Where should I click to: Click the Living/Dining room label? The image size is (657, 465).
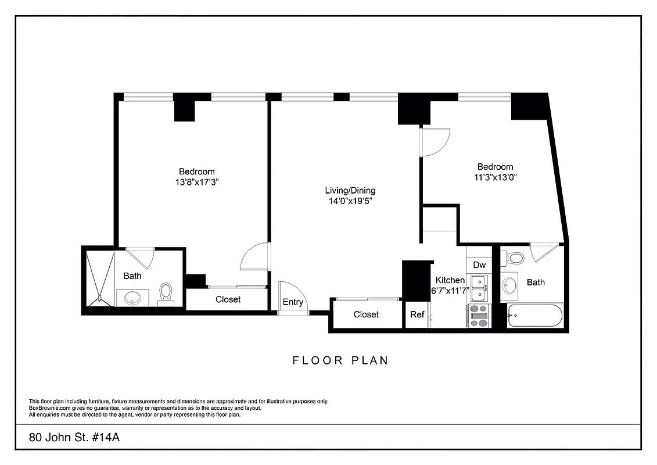point(350,190)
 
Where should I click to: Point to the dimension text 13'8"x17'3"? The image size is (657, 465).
point(196,182)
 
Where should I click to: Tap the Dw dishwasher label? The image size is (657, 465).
point(479,265)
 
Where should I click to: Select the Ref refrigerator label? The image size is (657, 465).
point(417,314)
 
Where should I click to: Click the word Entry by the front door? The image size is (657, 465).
point(293,302)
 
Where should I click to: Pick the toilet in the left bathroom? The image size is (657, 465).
point(166,294)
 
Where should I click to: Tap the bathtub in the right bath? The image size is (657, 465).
point(535,316)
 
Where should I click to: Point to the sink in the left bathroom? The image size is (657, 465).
point(134,297)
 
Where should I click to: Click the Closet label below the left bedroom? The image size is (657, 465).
point(228,299)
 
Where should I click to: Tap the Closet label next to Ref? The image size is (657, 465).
point(366,314)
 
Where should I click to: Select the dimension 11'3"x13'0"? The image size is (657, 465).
point(495,178)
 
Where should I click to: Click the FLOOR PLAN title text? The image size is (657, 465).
point(340,360)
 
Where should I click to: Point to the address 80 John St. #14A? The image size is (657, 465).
point(74,437)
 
